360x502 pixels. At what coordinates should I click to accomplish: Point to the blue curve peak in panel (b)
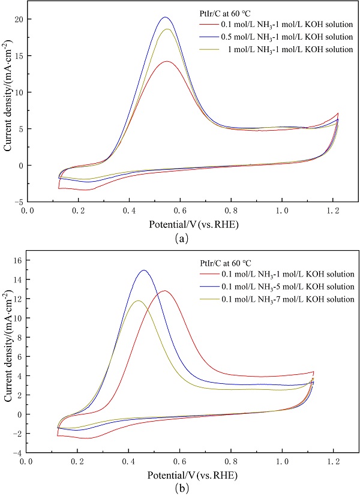tap(143, 270)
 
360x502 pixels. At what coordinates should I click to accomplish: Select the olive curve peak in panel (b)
tap(138, 301)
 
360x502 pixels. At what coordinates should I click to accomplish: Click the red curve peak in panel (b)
tap(164, 291)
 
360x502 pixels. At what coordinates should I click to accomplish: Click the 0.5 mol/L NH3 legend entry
tap(277, 37)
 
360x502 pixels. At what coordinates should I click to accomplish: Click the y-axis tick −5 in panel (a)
tap(18, 202)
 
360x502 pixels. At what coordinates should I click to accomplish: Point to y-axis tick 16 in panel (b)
tap(18, 260)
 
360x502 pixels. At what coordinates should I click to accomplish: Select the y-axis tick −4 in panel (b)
tap(18, 453)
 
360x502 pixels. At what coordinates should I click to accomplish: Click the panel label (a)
tap(179, 237)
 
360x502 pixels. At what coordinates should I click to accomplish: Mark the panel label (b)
tap(179, 488)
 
